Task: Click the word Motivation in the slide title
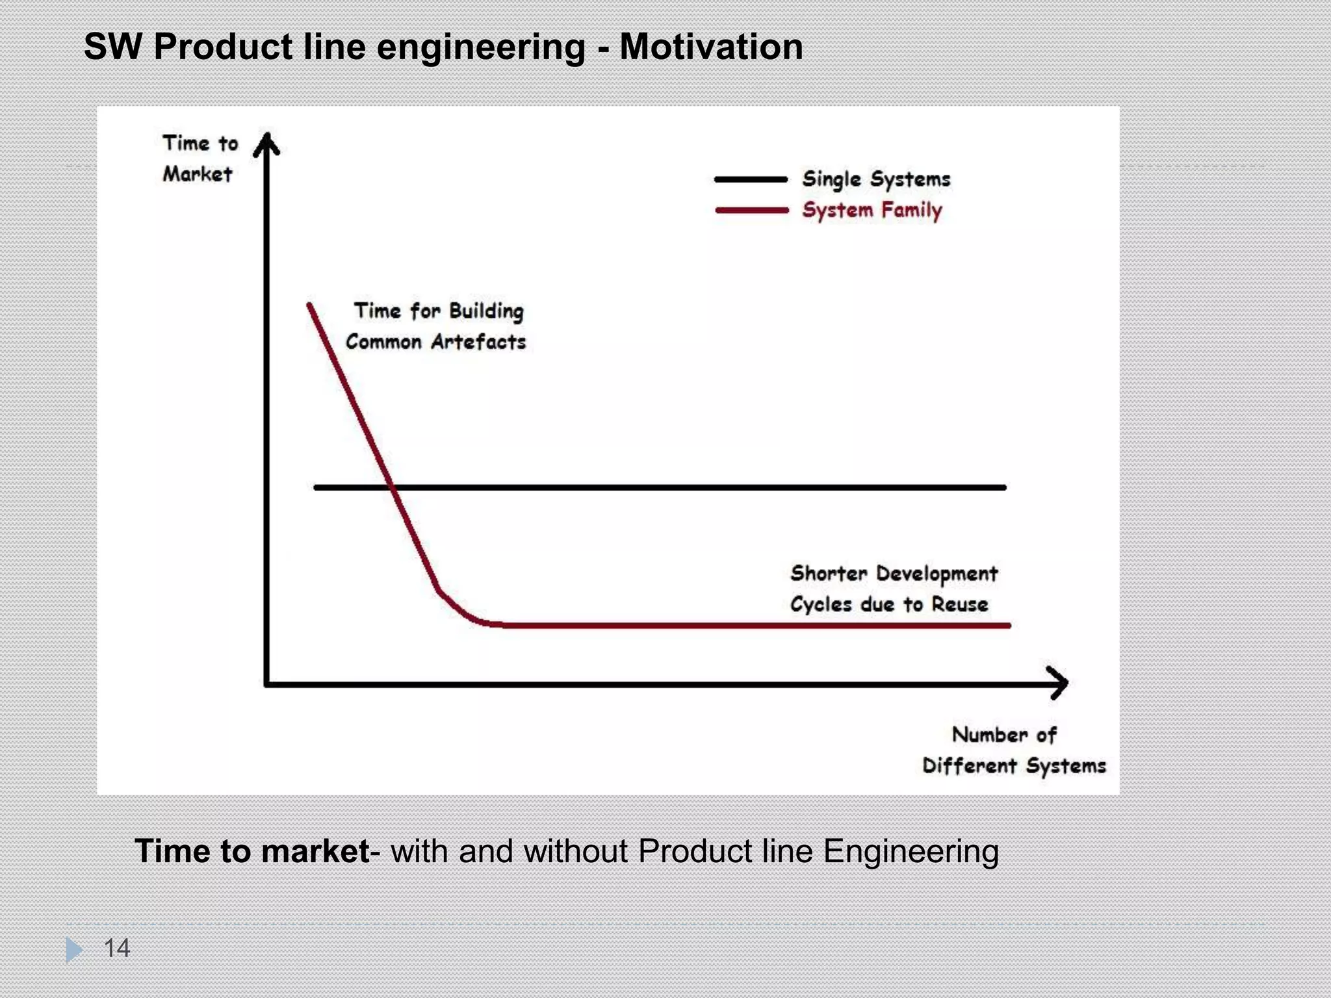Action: [711, 47]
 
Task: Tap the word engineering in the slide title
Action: [480, 48]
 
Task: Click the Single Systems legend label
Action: [875, 179]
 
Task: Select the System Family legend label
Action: [871, 211]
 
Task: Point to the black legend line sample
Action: [751, 179]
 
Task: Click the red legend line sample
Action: [751, 211]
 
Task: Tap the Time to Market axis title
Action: [200, 159]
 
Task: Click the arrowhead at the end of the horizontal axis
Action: [1059, 683]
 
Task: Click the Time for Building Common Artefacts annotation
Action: [436, 326]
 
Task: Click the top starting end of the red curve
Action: [309, 305]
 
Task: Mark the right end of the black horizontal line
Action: [1003, 487]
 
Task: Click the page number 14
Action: [117, 948]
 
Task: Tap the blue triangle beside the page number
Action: [74, 949]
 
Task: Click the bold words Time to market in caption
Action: [252, 851]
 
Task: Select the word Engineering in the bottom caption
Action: [911, 852]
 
